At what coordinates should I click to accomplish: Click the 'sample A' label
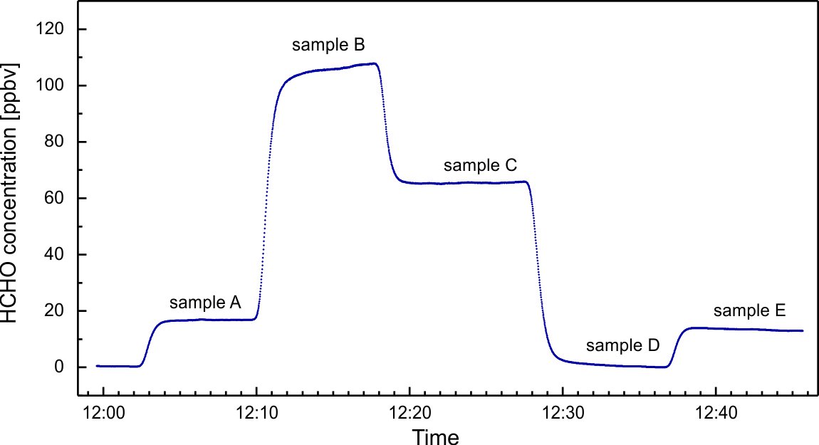click(205, 303)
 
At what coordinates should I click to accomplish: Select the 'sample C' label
click(480, 167)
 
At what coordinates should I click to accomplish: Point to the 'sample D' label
click(622, 347)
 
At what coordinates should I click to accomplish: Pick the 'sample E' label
click(750, 311)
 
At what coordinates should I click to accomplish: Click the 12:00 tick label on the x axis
click(104, 412)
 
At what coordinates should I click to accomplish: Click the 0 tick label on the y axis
click(62, 367)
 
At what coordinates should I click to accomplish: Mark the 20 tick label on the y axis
click(57, 311)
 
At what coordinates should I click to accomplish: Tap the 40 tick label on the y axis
click(57, 255)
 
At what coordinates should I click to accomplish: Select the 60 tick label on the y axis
click(57, 198)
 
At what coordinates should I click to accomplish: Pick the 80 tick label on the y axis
click(57, 142)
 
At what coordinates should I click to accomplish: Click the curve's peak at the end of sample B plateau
click(375, 63)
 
